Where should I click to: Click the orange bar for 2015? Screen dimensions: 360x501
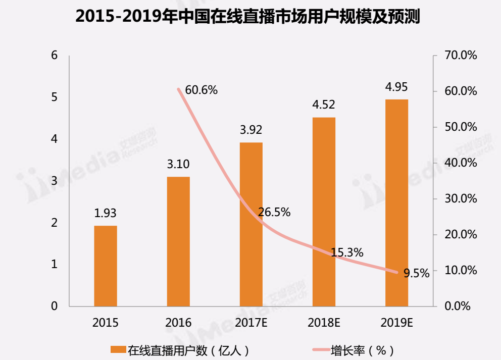pos(106,266)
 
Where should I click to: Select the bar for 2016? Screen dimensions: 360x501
pos(178,241)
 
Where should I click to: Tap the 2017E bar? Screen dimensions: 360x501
pos(251,224)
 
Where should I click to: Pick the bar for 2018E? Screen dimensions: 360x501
pos(324,212)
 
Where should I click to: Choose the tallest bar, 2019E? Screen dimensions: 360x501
pos(396,202)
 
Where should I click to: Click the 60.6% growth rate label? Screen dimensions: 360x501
pos(201,90)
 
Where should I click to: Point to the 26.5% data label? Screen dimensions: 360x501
pos(274,213)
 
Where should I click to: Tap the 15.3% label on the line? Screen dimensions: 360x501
pos(347,252)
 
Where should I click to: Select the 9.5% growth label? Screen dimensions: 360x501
pos(417,273)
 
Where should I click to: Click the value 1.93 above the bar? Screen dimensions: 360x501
pos(105,213)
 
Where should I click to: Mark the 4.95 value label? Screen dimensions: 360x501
pos(396,87)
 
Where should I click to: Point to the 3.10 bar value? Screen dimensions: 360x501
pos(178,165)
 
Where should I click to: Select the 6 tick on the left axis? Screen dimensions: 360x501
pos(55,55)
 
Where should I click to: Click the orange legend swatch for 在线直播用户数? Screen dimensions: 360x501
pos(118,349)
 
